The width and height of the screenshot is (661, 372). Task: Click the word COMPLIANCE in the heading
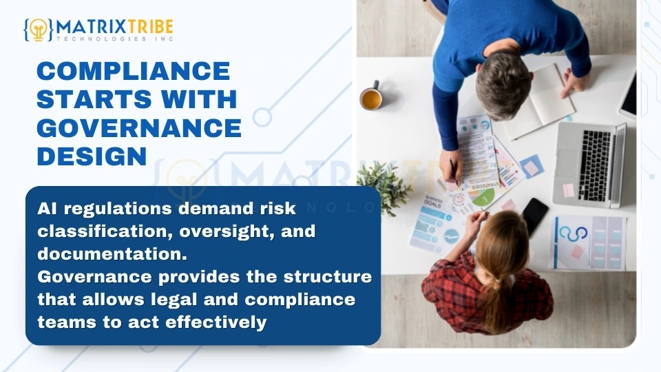133,71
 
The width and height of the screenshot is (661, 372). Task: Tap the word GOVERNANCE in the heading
138,127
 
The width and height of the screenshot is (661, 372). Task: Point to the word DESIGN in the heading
92,156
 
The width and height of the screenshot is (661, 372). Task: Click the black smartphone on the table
535,216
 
